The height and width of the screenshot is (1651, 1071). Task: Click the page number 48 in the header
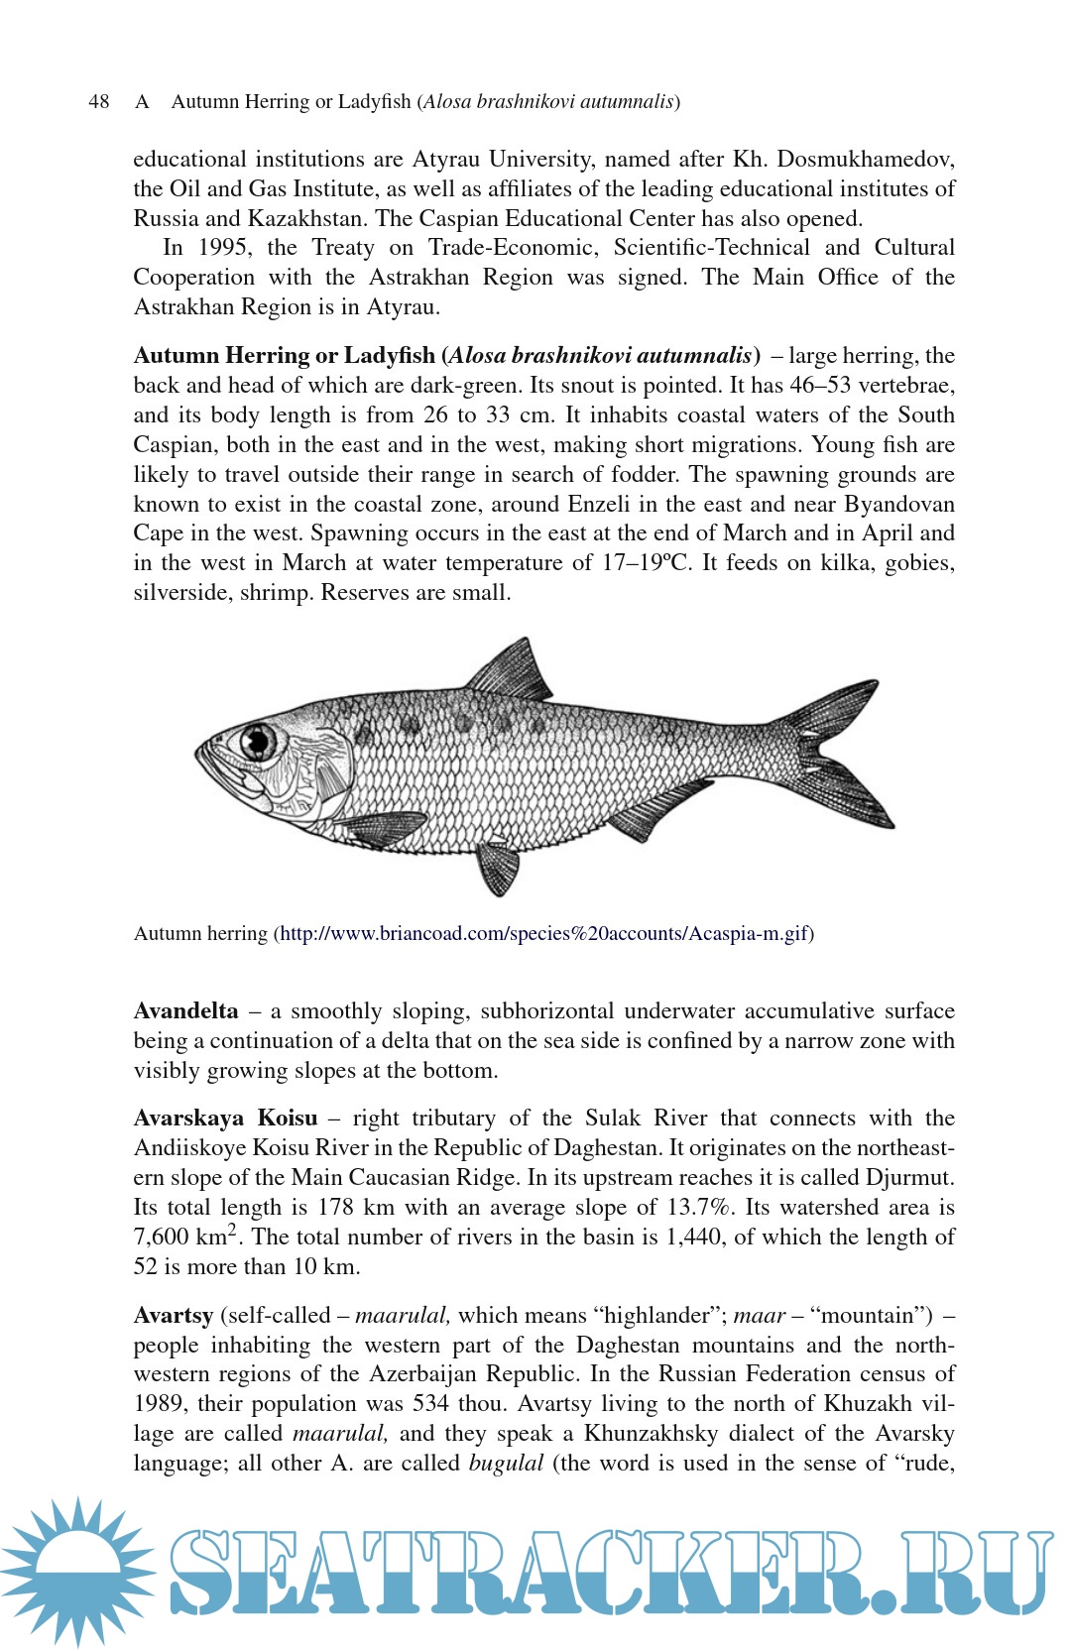98,101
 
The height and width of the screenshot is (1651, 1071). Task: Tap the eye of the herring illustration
259,740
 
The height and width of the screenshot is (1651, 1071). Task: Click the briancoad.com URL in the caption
544,933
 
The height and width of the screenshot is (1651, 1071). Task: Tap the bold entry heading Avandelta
185,1010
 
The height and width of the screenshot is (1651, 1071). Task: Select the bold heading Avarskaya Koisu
225,1118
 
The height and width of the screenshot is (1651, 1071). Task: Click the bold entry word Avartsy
173,1315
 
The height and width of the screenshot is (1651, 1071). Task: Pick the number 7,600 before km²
161,1238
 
